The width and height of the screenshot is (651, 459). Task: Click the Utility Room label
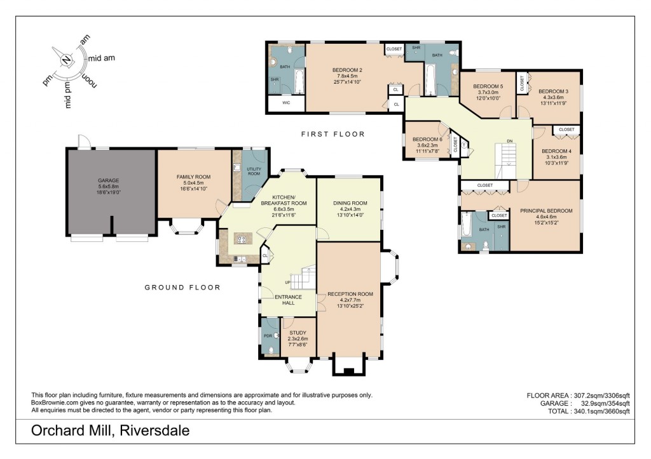pyautogui.click(x=254, y=170)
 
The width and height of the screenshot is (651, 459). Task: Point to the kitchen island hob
pyautogui.click(x=242, y=239)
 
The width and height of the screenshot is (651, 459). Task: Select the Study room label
pyautogui.click(x=298, y=332)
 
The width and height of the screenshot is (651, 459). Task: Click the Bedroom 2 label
pyautogui.click(x=347, y=70)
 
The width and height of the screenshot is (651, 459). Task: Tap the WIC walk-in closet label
pyautogui.click(x=286, y=102)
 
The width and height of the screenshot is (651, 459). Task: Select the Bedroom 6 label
pyautogui.click(x=427, y=140)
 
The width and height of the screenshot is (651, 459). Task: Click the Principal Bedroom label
pyautogui.click(x=546, y=211)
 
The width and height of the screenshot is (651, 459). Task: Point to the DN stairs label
pyautogui.click(x=509, y=141)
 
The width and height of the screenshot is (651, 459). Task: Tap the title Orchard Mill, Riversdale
pyautogui.click(x=110, y=431)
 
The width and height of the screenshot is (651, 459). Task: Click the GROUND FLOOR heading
pyautogui.click(x=182, y=288)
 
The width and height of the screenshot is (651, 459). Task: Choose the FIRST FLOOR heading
pyautogui.click(x=333, y=134)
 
